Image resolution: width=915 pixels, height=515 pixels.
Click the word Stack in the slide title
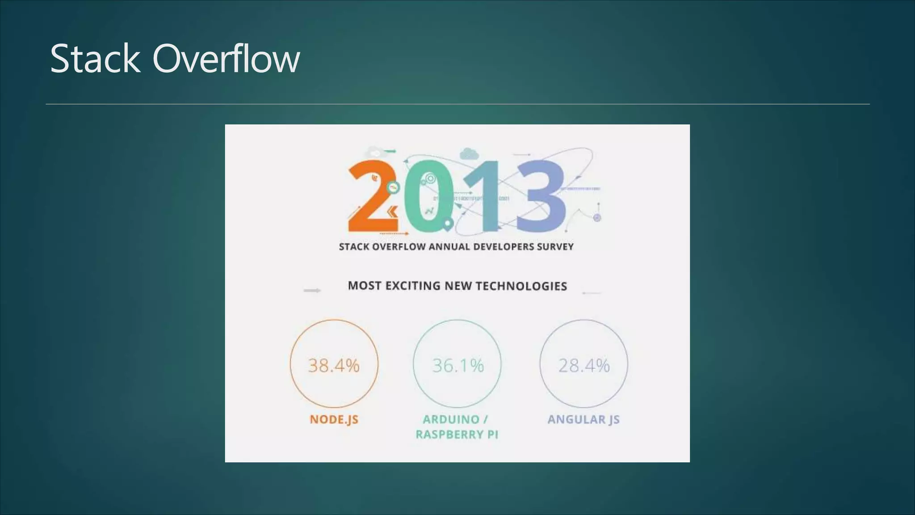(95, 59)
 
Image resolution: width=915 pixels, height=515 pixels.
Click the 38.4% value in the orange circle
(334, 366)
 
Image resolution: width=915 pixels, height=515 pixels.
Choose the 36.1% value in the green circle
(457, 366)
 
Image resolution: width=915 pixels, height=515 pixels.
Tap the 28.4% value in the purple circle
(583, 366)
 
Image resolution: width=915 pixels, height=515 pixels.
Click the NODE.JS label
(334, 419)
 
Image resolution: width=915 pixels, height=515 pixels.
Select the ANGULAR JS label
(583, 419)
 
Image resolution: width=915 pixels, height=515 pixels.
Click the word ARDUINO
(451, 419)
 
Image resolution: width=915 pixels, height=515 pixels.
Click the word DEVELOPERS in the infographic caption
(505, 247)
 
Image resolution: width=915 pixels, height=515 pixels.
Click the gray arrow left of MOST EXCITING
(312, 291)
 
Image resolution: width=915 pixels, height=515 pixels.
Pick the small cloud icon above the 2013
(469, 153)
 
